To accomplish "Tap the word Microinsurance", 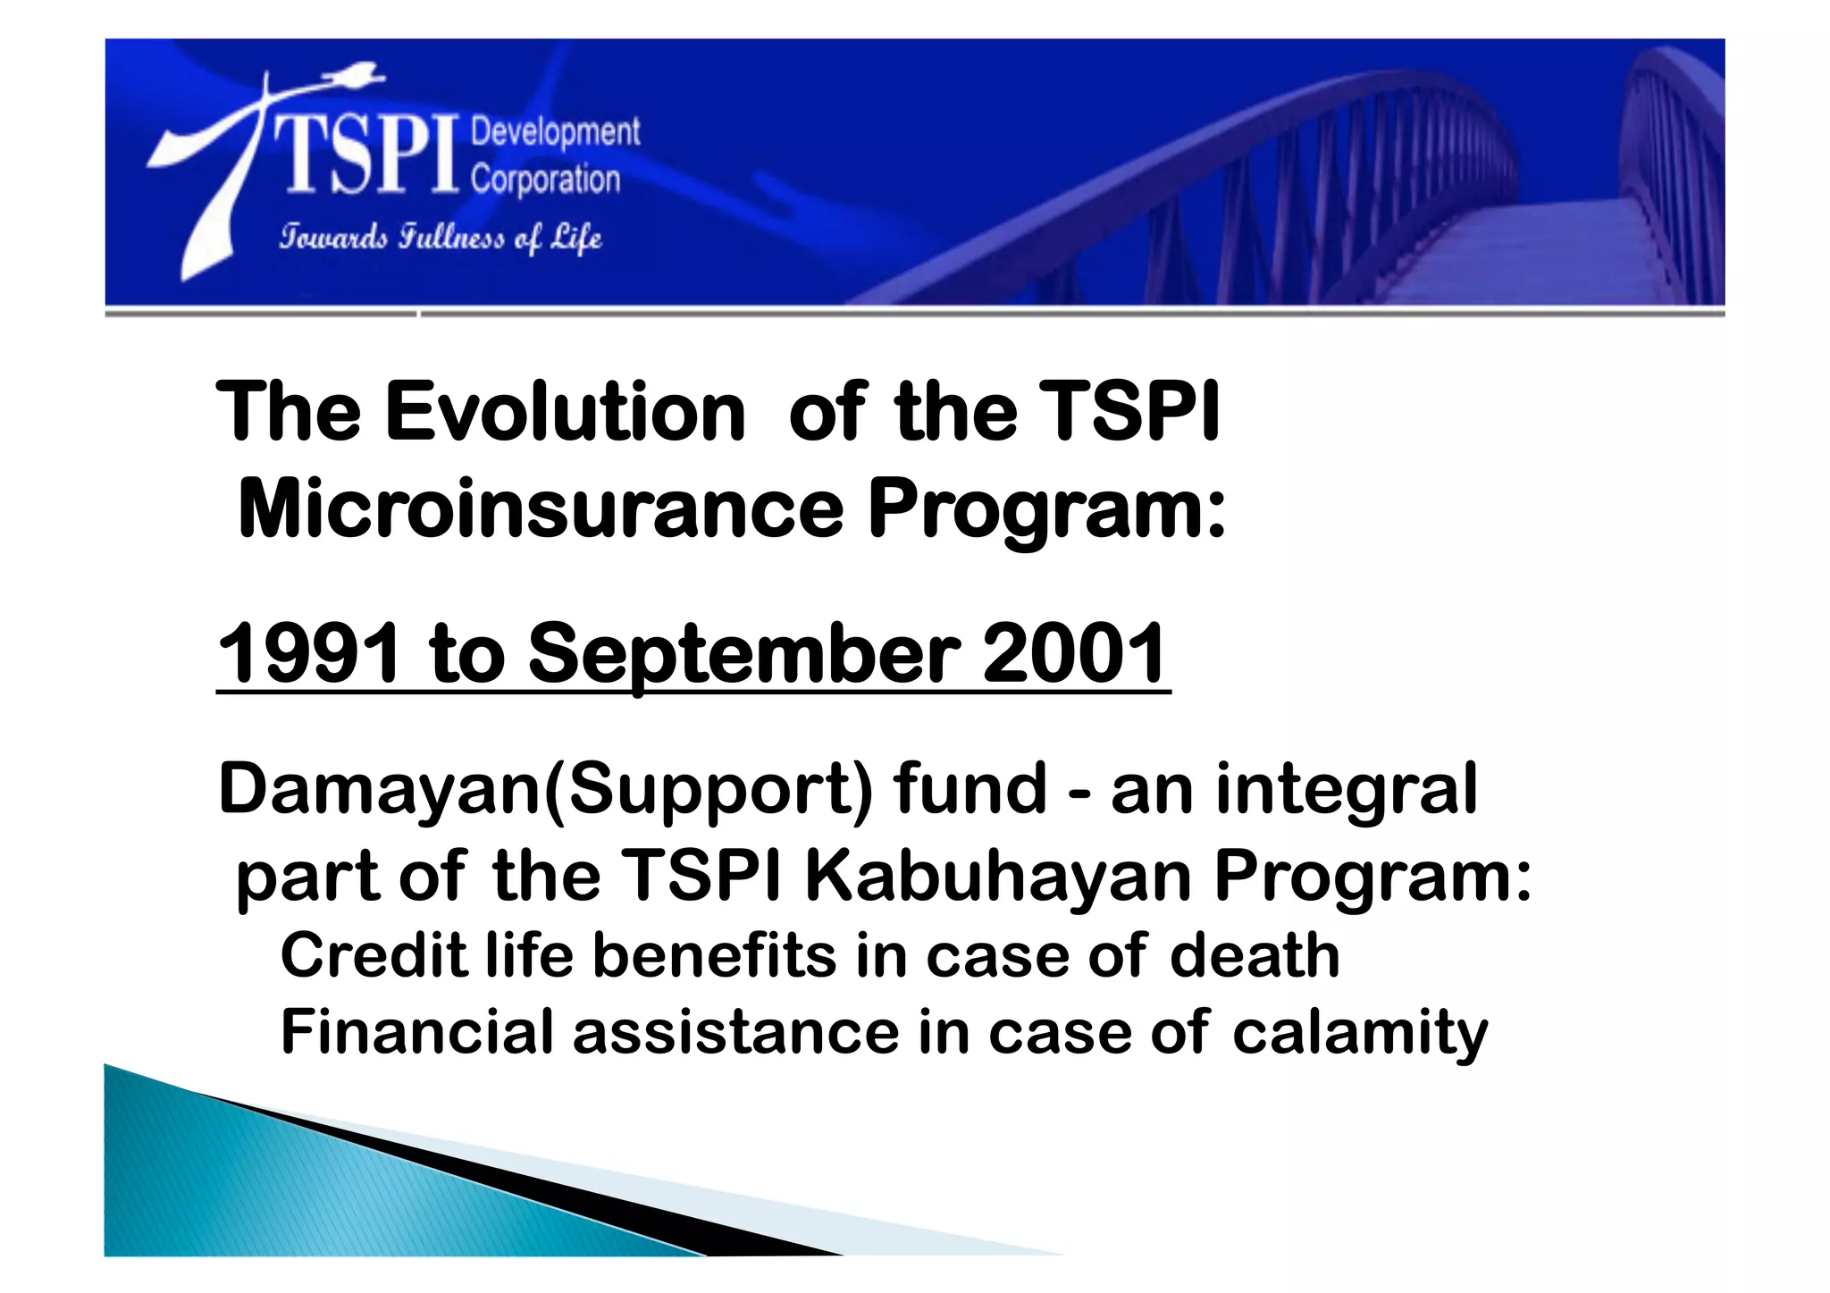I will pos(541,509).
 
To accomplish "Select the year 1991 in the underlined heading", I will pos(309,654).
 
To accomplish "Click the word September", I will pos(744,654).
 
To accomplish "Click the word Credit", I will pos(374,955).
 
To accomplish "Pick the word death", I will pos(1255,955).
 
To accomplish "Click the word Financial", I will pos(416,1032).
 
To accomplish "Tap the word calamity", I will pos(1360,1032).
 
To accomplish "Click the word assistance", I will pos(735,1032).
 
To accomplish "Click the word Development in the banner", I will pos(555,132).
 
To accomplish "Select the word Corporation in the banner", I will pos(545,180).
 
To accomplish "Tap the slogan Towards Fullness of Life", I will pos(441,238).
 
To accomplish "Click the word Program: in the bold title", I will pos(1047,509).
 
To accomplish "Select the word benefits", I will pos(714,955).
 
